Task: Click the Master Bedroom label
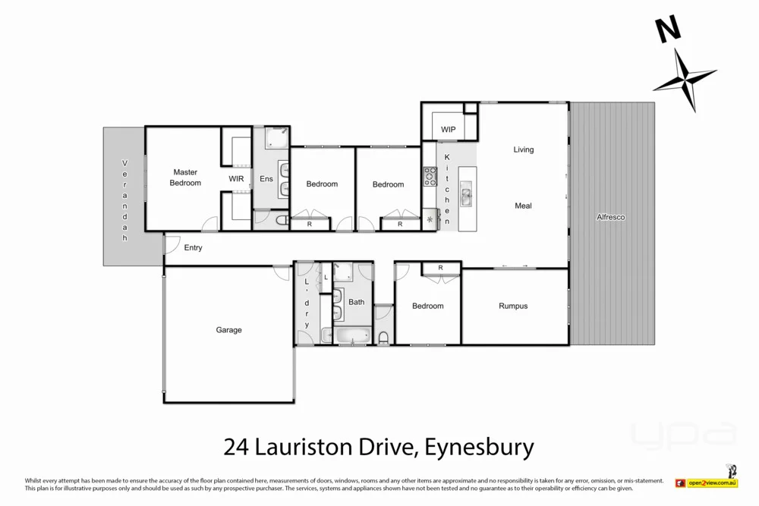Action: tap(184, 178)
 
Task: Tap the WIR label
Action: tap(236, 179)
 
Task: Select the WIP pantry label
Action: tap(448, 130)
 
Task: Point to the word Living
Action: tap(524, 149)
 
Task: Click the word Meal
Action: tap(523, 206)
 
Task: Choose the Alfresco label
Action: tap(611, 217)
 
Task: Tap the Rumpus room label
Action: tap(513, 306)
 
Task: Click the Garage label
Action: tap(228, 330)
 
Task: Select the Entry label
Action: tap(193, 247)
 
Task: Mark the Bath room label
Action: tap(356, 302)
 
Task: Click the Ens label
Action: tap(266, 179)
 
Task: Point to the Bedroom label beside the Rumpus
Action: tap(427, 306)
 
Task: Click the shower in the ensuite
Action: tap(276, 137)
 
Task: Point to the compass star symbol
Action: tap(685, 79)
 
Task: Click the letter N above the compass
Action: tap(668, 30)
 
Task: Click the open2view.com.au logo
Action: tap(713, 482)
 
